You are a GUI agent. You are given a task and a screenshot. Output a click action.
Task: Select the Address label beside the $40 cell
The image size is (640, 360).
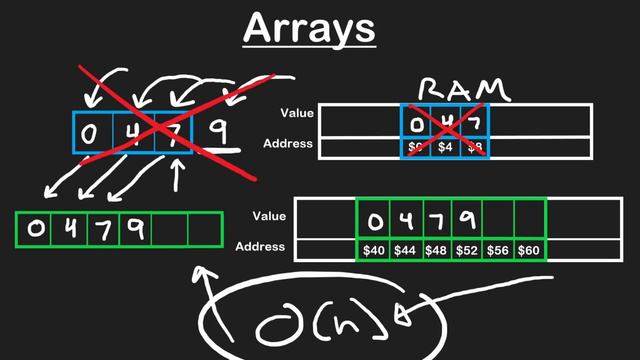(x=260, y=246)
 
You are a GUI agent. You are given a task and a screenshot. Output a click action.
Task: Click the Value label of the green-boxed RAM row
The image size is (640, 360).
(x=270, y=215)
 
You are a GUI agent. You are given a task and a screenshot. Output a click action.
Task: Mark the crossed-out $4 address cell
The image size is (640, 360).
(x=446, y=147)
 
